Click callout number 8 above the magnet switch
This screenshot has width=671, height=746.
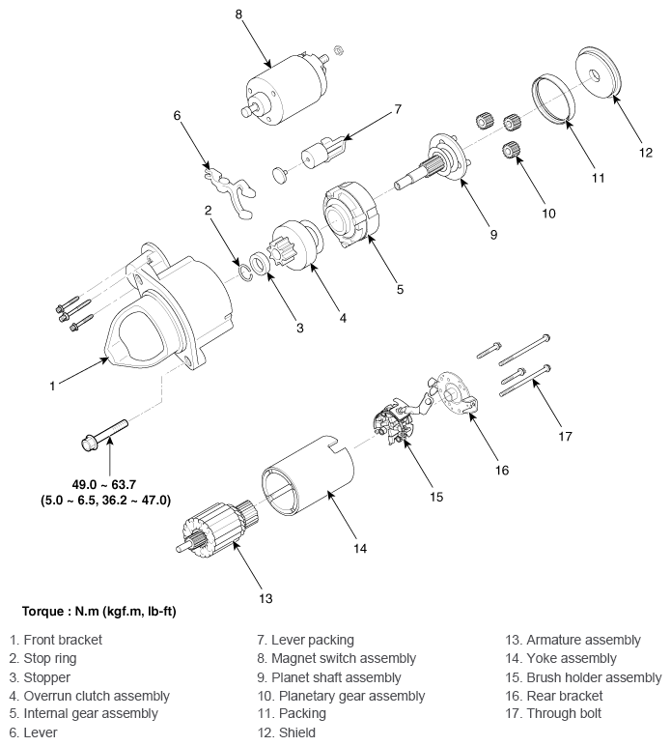[x=238, y=14]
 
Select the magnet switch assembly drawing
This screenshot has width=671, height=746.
[x=284, y=90]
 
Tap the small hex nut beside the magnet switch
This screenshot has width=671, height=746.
[x=338, y=49]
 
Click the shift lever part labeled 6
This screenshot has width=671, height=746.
[x=229, y=193]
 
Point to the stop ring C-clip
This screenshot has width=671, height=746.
[x=244, y=272]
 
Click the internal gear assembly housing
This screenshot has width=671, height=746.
[x=350, y=214]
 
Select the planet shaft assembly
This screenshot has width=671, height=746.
[x=433, y=160]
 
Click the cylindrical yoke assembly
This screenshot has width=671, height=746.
[x=308, y=475]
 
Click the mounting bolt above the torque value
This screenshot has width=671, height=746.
[x=104, y=435]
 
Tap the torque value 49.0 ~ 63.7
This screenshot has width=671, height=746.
[x=104, y=485]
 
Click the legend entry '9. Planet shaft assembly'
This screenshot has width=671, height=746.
[x=329, y=677]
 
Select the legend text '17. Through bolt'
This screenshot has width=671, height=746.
[x=553, y=714]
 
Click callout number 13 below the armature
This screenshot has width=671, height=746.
[x=266, y=598]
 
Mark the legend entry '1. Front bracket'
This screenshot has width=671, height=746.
[x=56, y=640]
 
